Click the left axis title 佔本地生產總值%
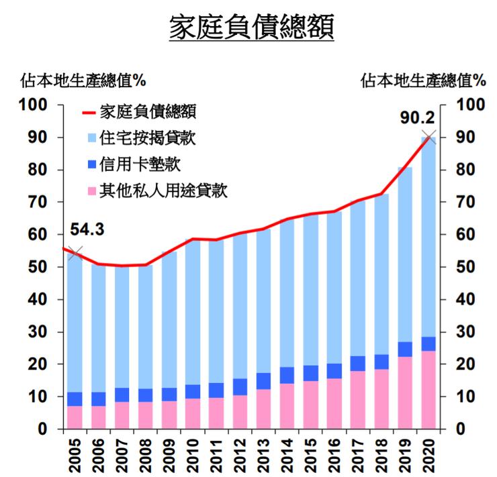[83, 81]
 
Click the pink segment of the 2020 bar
[428, 390]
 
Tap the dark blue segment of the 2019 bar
[405, 349]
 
